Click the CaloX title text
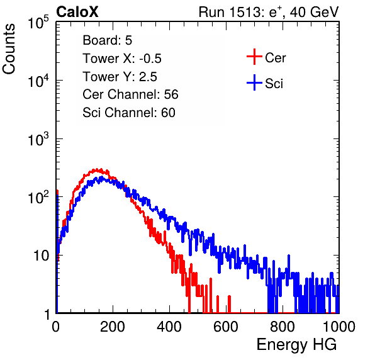pos(77,12)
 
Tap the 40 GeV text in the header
pos(314,12)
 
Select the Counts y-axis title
pos(9,49)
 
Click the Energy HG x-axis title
pos(296,345)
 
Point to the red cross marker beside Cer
pos(254,57)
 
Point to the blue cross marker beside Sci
pos(254,82)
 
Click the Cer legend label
pos(275,58)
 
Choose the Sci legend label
pos(274,84)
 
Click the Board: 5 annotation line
pos(108,40)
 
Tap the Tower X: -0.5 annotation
pos(122,59)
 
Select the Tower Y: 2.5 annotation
pos(120,77)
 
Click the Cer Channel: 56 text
pos(130,94)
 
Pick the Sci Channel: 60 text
pos(129,113)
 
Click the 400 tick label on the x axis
pos(169,327)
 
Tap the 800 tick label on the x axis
pos(283,327)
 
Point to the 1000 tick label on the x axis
pos(339,327)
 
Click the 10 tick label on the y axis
pos(42,256)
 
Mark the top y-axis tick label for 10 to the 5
pos(39,22)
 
